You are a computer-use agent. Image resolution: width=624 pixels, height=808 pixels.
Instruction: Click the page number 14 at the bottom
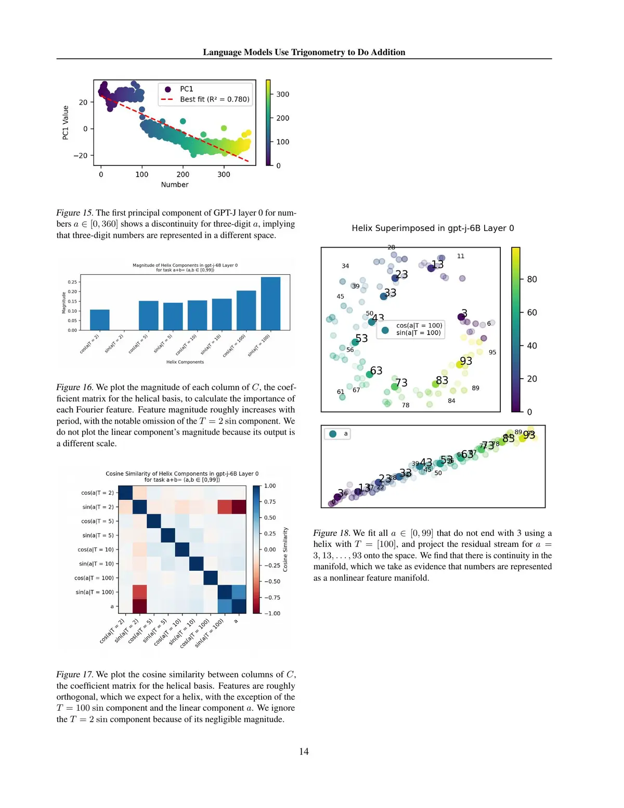pyautogui.click(x=304, y=751)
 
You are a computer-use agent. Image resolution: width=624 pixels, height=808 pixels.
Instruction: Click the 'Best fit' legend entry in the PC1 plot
pyautogui.click(x=214, y=99)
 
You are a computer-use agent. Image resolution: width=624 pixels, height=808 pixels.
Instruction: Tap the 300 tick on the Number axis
pyautogui.click(x=224, y=174)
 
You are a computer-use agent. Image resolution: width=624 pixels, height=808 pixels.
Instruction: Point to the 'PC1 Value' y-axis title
pyautogui.click(x=66, y=122)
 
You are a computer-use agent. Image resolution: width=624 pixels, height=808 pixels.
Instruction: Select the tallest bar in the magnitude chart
pyautogui.click(x=270, y=303)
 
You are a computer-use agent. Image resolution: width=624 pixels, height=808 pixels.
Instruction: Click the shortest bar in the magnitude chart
pyautogui.click(x=99, y=319)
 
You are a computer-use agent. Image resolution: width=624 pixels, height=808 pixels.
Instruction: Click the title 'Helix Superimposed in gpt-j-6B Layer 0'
pyautogui.click(x=433, y=228)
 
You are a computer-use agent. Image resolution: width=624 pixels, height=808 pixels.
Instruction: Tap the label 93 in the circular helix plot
pyautogui.click(x=466, y=361)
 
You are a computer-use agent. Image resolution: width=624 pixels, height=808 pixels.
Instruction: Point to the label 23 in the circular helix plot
pyautogui.click(x=401, y=274)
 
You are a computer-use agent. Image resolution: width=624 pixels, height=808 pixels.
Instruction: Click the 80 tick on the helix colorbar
pyautogui.click(x=531, y=279)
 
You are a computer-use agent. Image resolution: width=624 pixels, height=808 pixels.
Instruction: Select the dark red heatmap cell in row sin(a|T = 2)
pyautogui.click(x=239, y=507)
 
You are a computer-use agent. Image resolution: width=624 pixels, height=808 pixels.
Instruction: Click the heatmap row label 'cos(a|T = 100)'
pyautogui.click(x=94, y=578)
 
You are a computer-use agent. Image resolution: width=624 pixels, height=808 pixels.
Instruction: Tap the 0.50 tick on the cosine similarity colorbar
pyautogui.click(x=270, y=518)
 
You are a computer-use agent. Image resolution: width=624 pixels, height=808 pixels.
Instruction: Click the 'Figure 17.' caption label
pyautogui.click(x=75, y=675)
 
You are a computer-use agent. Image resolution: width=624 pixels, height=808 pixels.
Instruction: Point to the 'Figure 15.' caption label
pyautogui.click(x=75, y=213)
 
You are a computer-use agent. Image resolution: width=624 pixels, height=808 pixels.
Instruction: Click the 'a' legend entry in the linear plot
pyautogui.click(x=345, y=433)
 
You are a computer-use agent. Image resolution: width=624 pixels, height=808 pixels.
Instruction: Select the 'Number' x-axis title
pyautogui.click(x=175, y=185)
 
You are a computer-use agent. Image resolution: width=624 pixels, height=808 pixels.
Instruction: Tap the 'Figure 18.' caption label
pyautogui.click(x=332, y=533)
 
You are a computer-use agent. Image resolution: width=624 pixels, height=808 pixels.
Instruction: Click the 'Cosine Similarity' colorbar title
pyautogui.click(x=285, y=549)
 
